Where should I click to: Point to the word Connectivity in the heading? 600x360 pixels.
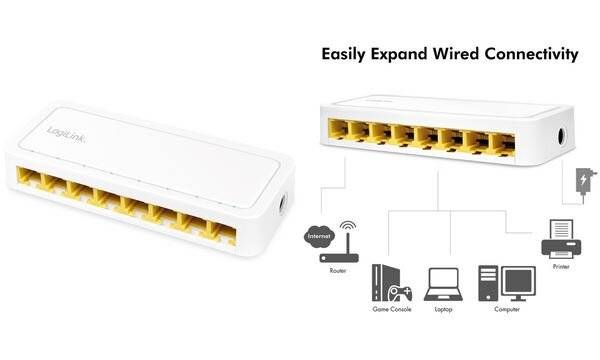click(x=538, y=54)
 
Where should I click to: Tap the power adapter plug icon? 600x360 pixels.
click(x=583, y=184)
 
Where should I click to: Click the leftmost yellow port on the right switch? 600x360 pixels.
click(x=339, y=129)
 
